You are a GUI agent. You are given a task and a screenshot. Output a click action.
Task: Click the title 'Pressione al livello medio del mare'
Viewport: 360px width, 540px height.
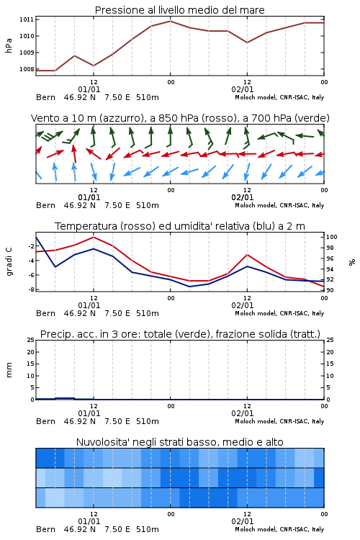[x=179, y=10]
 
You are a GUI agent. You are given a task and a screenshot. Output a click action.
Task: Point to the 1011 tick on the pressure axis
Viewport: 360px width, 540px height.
[x=27, y=19]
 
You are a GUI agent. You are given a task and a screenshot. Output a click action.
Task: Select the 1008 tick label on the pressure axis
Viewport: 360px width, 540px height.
[x=27, y=69]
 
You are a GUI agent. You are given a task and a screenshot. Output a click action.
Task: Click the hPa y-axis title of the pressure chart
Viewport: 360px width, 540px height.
[x=9, y=45]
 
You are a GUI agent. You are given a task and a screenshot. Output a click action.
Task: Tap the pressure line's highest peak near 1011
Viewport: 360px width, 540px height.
[x=170, y=21]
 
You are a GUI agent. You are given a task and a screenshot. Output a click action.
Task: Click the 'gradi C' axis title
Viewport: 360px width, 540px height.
[x=9, y=262]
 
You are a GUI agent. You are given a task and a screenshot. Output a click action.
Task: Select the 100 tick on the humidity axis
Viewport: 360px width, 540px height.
[x=331, y=237]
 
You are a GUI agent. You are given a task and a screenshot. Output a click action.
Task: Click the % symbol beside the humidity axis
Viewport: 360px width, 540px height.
[x=352, y=262]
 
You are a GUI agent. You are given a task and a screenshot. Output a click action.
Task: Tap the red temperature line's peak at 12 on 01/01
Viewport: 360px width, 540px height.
[x=94, y=237]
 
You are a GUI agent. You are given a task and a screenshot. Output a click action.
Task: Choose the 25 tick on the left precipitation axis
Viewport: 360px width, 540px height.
[x=30, y=340]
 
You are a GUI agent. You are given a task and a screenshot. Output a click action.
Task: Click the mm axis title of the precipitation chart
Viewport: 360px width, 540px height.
[x=9, y=370]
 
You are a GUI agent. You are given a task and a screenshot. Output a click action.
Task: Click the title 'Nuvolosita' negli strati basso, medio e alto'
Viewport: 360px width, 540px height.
[x=179, y=442]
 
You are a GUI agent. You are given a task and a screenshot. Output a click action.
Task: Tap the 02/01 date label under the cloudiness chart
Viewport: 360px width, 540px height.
[x=243, y=521]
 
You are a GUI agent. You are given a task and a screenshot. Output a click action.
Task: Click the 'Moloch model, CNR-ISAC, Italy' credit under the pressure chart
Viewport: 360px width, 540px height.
[x=279, y=97]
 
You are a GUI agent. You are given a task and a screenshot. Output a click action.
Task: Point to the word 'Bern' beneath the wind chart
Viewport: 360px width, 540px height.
[x=45, y=206]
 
